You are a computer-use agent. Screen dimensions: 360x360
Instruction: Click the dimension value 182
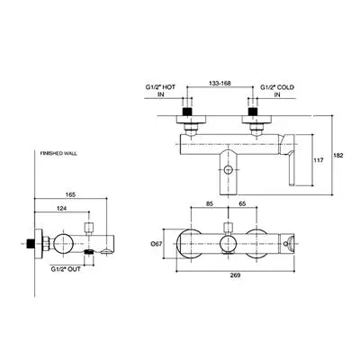338,156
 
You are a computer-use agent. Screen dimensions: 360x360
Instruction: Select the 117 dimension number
319,160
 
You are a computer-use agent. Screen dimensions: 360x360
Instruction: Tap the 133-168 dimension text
220,84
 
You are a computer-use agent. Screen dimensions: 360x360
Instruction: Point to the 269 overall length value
236,275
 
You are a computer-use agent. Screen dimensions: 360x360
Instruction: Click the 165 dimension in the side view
70,194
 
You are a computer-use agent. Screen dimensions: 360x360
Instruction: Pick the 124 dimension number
62,208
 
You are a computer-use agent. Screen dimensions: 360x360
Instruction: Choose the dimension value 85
210,203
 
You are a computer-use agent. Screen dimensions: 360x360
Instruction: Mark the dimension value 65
243,203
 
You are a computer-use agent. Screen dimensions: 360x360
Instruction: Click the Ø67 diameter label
157,244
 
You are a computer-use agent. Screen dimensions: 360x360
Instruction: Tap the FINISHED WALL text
58,153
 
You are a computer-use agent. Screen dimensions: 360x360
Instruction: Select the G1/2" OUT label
66,269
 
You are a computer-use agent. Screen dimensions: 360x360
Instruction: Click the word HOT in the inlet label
169,87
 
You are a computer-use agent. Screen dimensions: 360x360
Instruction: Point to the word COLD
285,87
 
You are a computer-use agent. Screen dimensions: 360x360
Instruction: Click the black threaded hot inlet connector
187,111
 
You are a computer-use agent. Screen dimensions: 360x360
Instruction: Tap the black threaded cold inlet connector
254,111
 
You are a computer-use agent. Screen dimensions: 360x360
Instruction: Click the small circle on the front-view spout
228,169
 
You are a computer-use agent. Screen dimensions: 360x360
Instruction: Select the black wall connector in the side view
30,243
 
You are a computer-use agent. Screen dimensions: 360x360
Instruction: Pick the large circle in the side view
63,243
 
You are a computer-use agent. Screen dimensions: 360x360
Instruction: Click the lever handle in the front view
288,159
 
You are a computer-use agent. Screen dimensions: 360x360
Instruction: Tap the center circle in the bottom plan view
228,243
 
